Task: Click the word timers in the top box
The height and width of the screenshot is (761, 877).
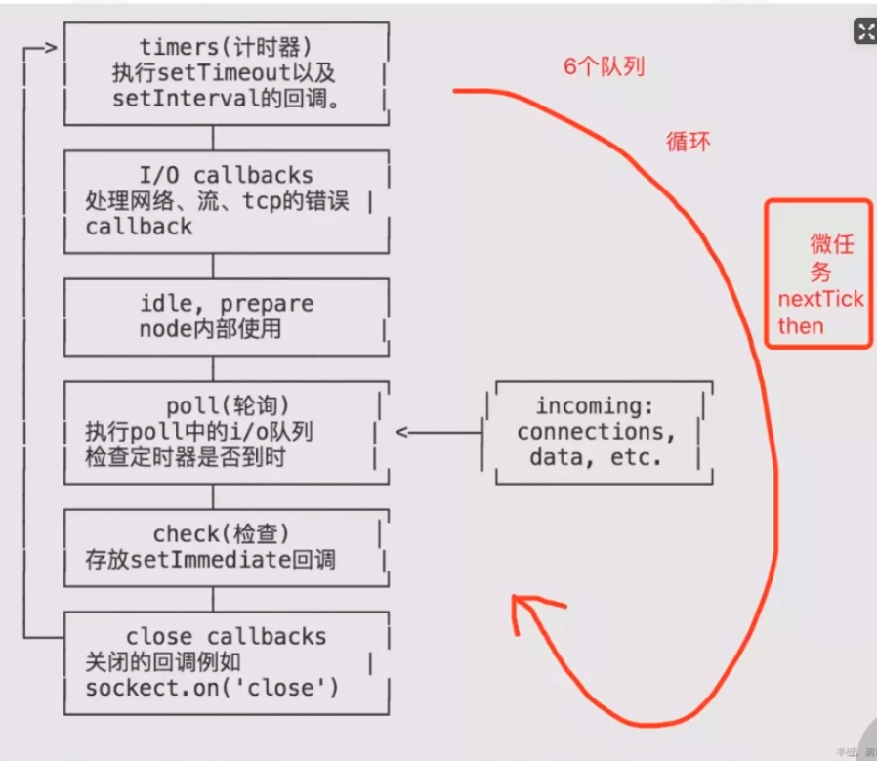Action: [x=172, y=46]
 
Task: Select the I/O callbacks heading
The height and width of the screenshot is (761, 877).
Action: [x=226, y=176]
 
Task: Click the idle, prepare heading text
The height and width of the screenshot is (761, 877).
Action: [x=227, y=304]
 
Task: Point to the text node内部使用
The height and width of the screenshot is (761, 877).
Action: [x=210, y=329]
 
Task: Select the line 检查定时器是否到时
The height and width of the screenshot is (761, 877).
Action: [x=186, y=457]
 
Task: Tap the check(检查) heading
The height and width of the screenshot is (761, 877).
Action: [x=222, y=533]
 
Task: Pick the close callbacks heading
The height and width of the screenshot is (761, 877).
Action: [x=226, y=636]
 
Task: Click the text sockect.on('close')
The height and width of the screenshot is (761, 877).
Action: [x=212, y=688]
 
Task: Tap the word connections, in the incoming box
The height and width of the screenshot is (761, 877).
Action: [x=596, y=432]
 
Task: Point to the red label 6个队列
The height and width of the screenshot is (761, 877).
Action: [x=604, y=67]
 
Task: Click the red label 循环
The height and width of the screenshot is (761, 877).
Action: [x=688, y=141]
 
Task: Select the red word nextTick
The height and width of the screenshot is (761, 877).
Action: [x=819, y=299]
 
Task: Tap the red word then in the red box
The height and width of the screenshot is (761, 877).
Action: [x=800, y=325]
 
